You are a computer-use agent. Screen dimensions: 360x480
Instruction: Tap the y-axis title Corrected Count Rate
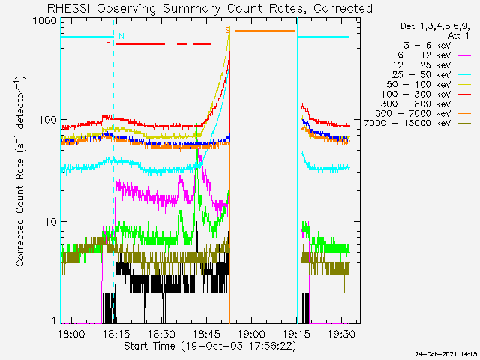pos(22,171)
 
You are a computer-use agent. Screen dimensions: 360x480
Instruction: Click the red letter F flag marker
pos(109,43)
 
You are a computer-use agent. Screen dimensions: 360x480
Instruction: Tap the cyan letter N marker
pos(121,36)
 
